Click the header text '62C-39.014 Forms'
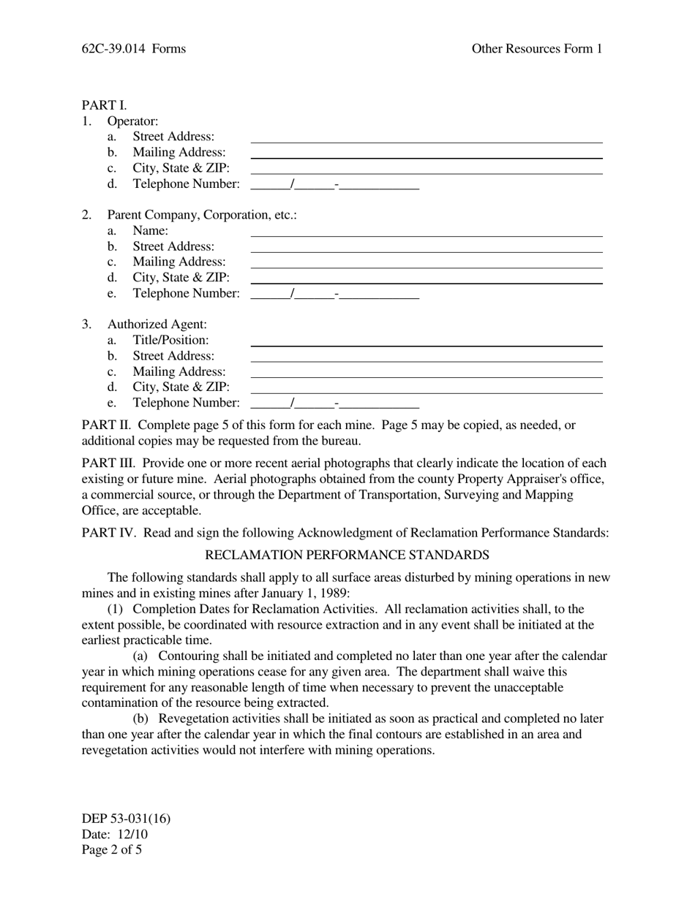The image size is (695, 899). coord(133,49)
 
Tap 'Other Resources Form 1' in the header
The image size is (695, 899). coord(536,49)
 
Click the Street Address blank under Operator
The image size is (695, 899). coord(426,137)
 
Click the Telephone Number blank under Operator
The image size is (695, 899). coord(334,184)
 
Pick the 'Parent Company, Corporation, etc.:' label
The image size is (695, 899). coord(202,215)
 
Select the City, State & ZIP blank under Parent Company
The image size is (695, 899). coord(426,278)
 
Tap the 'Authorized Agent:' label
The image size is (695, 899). coord(157,325)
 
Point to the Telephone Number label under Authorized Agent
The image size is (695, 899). coord(186,403)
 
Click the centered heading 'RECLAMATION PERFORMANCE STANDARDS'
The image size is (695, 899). coord(347,555)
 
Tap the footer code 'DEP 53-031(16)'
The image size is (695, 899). coord(126,819)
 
